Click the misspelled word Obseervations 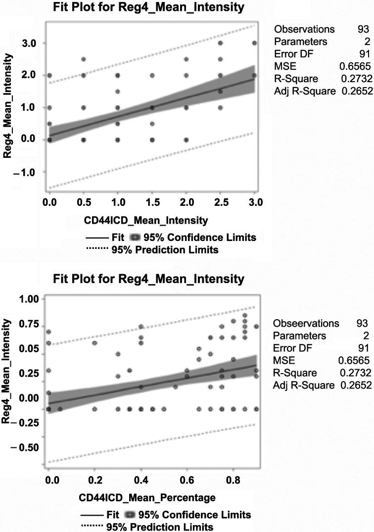(x=306, y=323)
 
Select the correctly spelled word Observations (x=304, y=29)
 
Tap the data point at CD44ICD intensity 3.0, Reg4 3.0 (x=254, y=43)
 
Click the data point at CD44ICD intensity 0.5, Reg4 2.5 (x=84, y=59)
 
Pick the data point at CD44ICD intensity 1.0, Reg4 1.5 (x=118, y=92)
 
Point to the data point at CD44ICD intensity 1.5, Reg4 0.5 (x=152, y=124)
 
